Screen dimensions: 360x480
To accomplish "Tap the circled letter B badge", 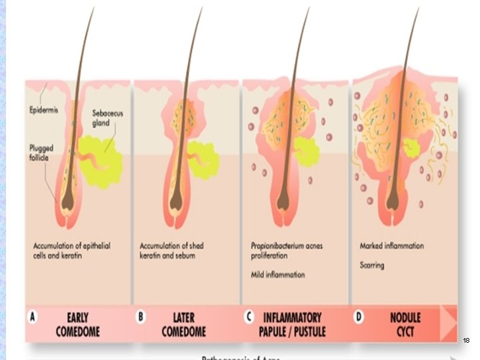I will pos(141,317).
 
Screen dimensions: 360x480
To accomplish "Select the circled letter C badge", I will pos(248,317).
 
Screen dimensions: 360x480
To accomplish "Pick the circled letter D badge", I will pos(359,317).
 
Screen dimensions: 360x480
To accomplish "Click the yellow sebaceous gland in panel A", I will pos(100,157).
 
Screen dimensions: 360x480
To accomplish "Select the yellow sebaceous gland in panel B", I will pos(203,159).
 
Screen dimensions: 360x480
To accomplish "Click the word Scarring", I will pos(372,265).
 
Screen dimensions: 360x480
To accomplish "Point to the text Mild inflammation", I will pos(278,274).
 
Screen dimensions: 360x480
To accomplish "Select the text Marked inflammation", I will pos(391,246).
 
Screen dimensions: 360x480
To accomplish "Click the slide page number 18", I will pos(466,341).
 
